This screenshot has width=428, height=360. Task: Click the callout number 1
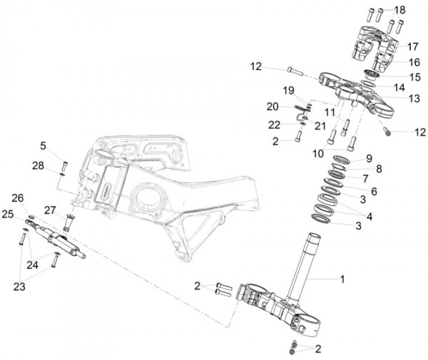(342, 279)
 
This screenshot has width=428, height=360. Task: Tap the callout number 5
(43, 146)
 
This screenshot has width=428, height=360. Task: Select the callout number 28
(38, 165)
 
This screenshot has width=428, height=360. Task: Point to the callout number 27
(50, 210)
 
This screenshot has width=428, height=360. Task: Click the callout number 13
(414, 98)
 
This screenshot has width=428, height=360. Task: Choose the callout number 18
(400, 10)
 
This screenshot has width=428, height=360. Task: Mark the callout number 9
(369, 158)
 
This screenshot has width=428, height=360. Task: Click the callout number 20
(272, 107)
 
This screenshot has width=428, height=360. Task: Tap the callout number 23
(19, 287)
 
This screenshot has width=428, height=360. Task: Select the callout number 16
(414, 63)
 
